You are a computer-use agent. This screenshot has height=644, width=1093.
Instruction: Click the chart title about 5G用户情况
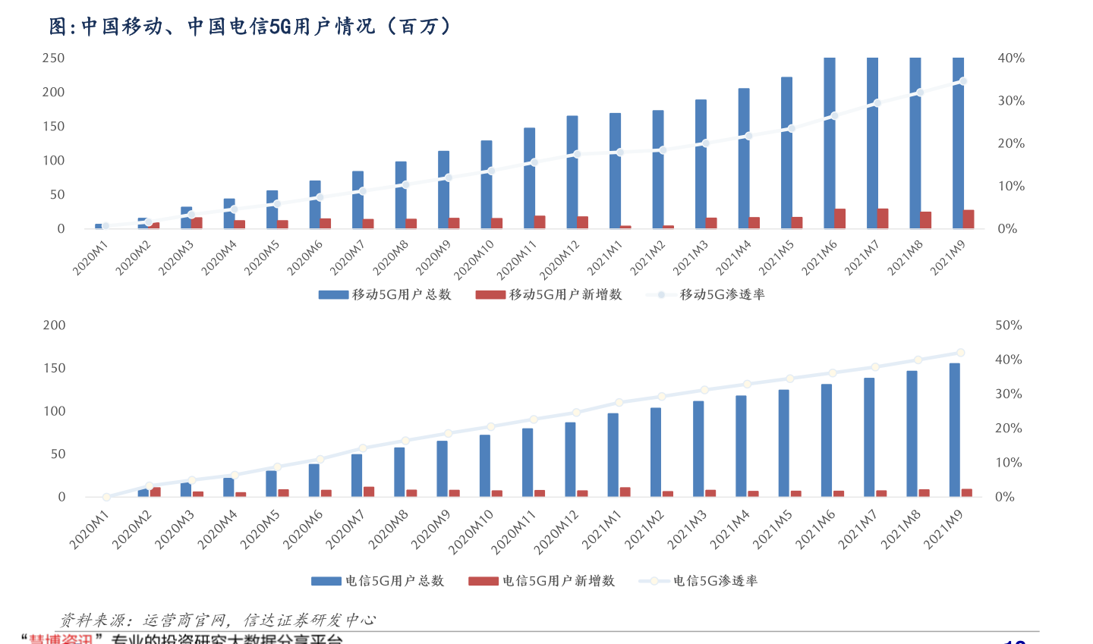coord(250,27)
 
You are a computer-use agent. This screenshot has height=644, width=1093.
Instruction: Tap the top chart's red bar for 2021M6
coord(840,218)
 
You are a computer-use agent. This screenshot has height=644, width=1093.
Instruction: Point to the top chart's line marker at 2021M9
coord(962,81)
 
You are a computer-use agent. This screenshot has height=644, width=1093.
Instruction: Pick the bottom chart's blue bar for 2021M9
coord(955,429)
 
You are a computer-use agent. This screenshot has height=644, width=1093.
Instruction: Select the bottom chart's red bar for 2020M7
coord(369,492)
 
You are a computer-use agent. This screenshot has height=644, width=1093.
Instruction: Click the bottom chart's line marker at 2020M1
coord(106,497)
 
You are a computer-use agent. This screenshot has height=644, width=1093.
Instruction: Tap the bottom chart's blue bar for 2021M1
coord(613,454)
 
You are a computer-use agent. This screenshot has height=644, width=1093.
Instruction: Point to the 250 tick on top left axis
coord(53,58)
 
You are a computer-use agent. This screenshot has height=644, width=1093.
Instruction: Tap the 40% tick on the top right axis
coord(1011,58)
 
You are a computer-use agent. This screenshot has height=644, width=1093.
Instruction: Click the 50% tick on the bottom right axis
coord(1009,325)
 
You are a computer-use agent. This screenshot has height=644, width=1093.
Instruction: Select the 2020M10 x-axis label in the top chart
coord(474,259)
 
